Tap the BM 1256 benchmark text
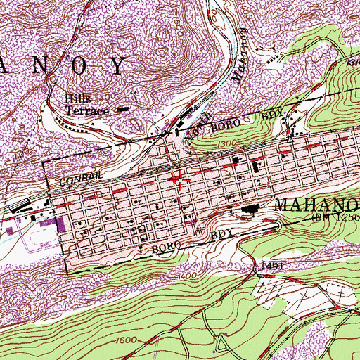(x=336, y=219)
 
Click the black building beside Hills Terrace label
(x=124, y=109)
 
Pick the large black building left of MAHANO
(x=249, y=208)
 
